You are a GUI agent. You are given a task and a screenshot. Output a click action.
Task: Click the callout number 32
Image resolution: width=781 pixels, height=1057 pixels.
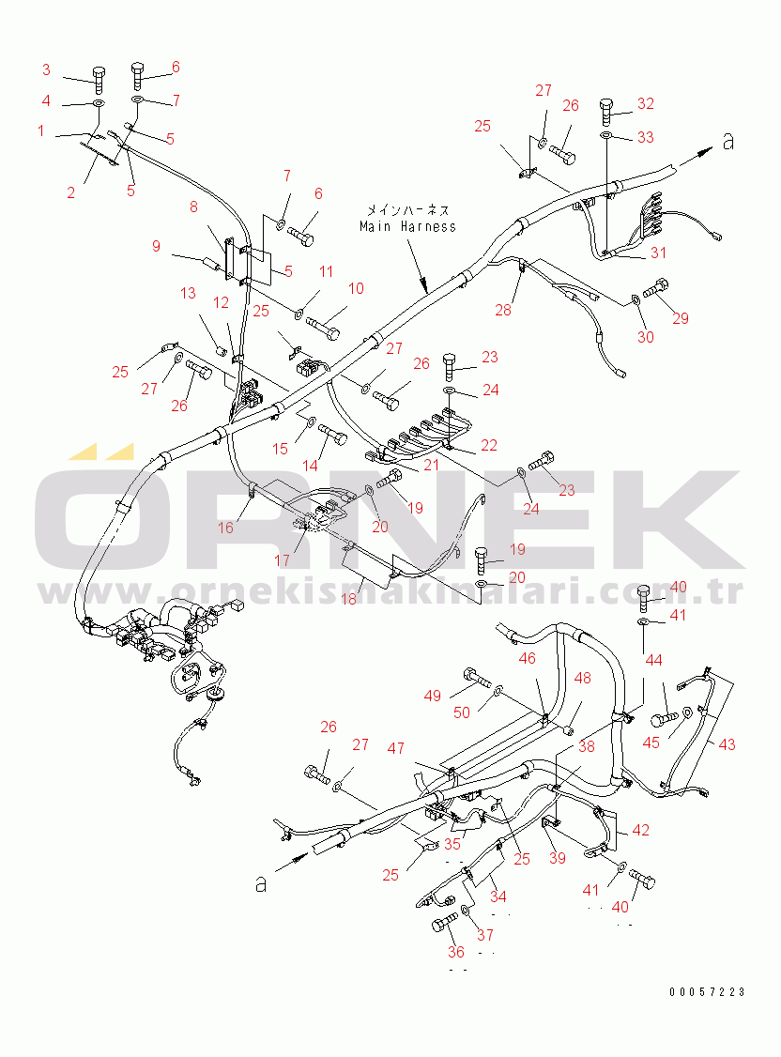pyautogui.click(x=645, y=103)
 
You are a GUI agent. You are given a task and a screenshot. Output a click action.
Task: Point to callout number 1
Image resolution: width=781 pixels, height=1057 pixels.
pyautogui.click(x=41, y=131)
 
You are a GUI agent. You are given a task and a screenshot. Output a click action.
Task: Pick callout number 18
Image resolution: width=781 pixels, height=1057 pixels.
pyautogui.click(x=348, y=598)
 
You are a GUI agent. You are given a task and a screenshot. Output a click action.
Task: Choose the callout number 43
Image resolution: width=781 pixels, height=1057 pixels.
pyautogui.click(x=727, y=744)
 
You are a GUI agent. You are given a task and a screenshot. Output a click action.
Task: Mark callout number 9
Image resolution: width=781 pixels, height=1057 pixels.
pyautogui.click(x=156, y=247)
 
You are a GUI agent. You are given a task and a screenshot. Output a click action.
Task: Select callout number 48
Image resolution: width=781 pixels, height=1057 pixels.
pyautogui.click(x=583, y=678)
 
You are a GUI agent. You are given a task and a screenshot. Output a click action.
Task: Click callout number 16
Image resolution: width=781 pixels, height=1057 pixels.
pyautogui.click(x=226, y=528)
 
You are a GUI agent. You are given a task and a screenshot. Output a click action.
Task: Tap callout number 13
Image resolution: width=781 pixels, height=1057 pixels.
pyautogui.click(x=188, y=294)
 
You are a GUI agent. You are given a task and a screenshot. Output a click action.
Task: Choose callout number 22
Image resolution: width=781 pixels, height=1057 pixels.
pyautogui.click(x=488, y=445)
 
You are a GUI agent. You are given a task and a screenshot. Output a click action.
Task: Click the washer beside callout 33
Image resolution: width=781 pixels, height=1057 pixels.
pyautogui.click(x=605, y=138)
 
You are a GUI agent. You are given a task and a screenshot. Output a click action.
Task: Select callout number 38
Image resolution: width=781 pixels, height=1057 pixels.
pyautogui.click(x=586, y=747)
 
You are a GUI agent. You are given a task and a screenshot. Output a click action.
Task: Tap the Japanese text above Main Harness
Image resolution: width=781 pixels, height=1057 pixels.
pyautogui.click(x=407, y=210)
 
